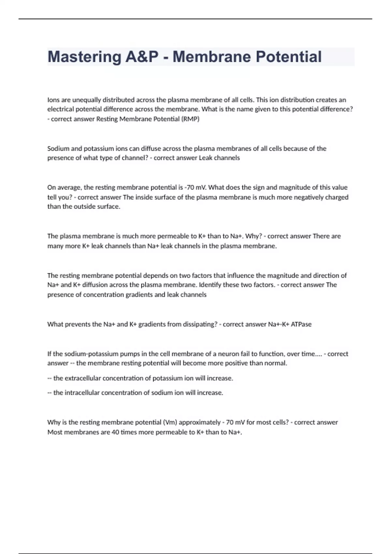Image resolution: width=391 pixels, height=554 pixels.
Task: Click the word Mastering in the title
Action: (84, 57)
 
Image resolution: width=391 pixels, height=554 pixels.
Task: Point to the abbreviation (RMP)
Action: (190, 119)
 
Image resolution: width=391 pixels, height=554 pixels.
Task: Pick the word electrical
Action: (61, 109)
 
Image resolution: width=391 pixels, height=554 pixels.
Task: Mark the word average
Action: (69, 187)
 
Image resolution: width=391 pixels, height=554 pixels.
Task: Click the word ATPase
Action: (301, 324)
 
